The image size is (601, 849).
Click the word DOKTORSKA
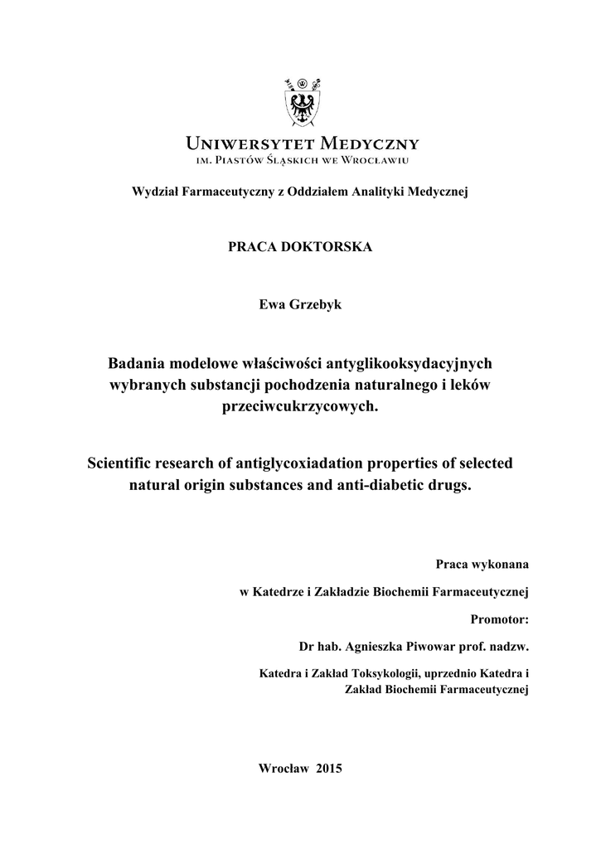[x=330, y=248]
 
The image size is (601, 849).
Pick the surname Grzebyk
[x=315, y=304]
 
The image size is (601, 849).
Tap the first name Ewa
[x=272, y=304]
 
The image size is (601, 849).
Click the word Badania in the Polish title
[x=136, y=363]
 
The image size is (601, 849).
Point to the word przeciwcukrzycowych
[x=300, y=407]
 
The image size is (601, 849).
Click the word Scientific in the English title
[x=122, y=463]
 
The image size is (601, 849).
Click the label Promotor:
[x=499, y=619]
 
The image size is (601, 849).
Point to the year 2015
[x=329, y=768]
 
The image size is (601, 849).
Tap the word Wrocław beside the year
[x=283, y=768]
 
